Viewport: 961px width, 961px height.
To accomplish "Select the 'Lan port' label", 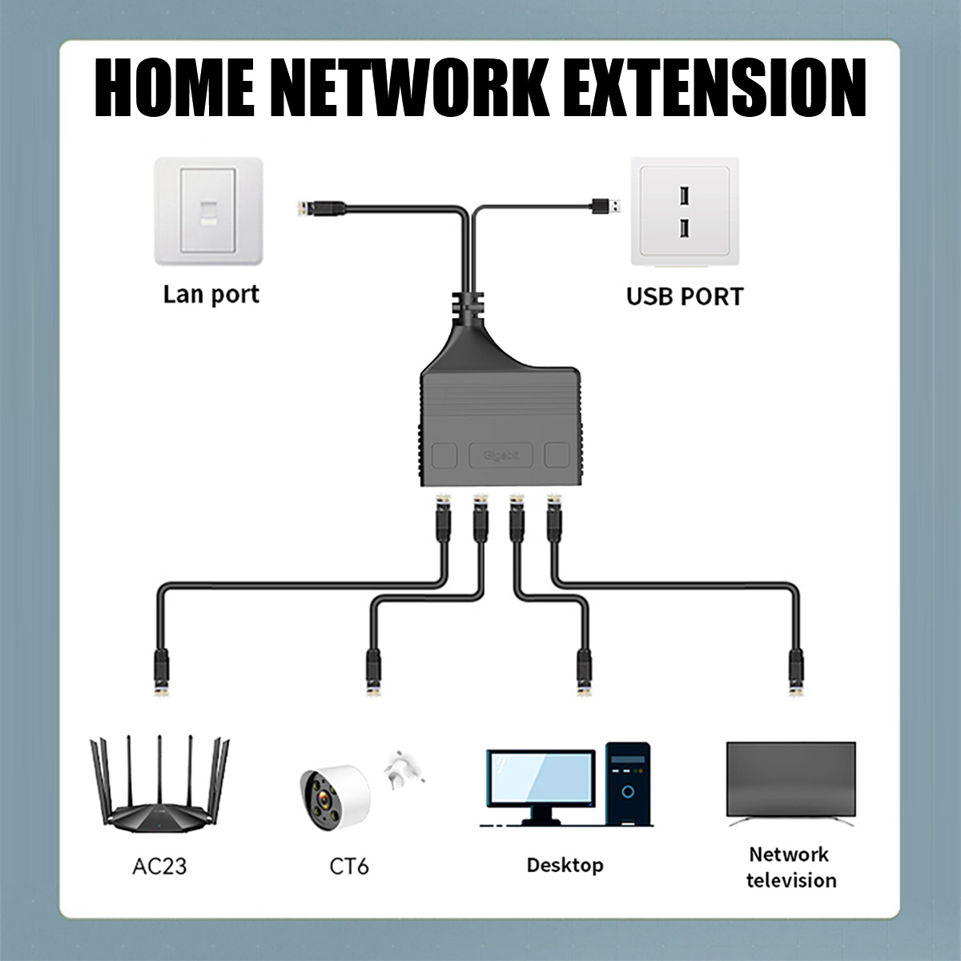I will [211, 295].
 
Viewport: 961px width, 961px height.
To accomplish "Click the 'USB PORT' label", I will [684, 296].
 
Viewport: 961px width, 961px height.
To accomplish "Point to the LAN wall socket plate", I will [209, 211].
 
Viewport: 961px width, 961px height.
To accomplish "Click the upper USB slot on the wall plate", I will [684, 195].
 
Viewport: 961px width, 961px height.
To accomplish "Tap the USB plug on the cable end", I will [605, 207].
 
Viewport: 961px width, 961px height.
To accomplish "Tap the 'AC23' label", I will [159, 866].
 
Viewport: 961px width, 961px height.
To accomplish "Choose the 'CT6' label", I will [349, 866].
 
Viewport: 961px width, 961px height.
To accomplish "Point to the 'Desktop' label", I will [565, 865].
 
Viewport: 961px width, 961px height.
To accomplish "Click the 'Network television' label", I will [790, 867].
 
